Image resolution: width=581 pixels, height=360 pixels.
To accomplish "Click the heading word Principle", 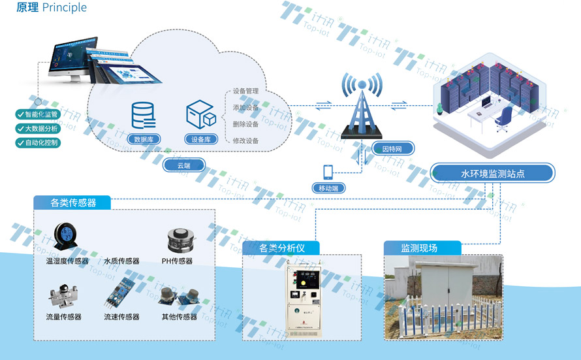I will [64, 8].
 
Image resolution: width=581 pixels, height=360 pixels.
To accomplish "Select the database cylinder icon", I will [143, 116].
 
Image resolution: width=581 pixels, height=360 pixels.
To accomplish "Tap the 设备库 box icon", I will [201, 116].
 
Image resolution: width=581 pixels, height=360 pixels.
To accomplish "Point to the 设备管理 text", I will [245, 91].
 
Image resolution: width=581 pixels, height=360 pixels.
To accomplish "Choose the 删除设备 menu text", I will [245, 124].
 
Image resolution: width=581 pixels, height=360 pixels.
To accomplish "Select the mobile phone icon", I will [328, 172].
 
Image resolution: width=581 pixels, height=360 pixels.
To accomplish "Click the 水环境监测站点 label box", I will [493, 174].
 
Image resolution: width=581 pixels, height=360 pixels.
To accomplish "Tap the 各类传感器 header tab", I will [72, 203].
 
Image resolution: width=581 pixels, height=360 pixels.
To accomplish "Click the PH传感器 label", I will [177, 261].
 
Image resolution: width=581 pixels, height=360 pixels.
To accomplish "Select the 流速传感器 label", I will [121, 317].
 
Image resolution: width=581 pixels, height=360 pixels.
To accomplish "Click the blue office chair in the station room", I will [503, 117].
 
